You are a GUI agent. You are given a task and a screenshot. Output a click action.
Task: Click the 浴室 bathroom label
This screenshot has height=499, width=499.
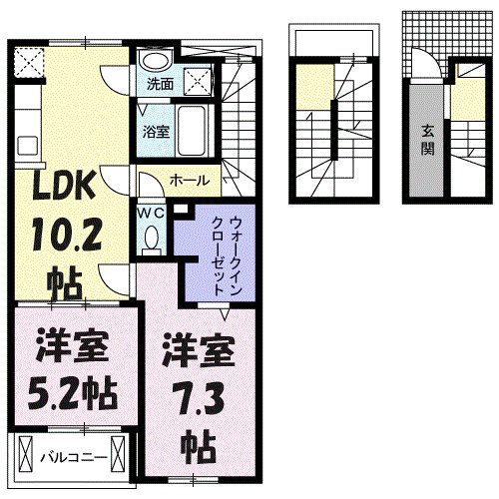coord(154,130)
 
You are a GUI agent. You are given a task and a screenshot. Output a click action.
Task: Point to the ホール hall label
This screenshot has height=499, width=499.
coord(189,180)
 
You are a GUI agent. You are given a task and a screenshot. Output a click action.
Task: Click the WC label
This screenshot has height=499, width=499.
coord(151,212)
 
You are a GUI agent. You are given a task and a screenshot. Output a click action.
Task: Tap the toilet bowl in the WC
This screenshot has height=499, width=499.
coord(152,238)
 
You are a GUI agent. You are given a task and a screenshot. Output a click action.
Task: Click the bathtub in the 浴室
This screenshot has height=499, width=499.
coord(193,130)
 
